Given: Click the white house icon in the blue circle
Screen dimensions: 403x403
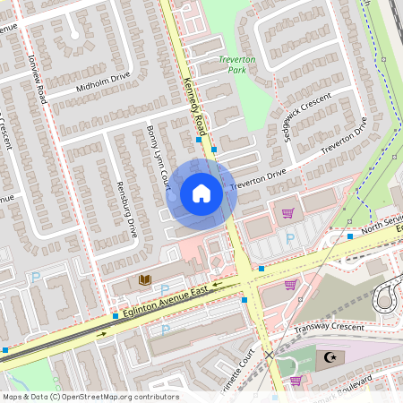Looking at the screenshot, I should coord(201,193).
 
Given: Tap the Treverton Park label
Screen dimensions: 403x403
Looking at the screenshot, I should coord(237,64).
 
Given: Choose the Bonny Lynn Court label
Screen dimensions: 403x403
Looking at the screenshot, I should coord(158,157).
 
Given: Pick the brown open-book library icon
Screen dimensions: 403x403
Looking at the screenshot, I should coord(145,280).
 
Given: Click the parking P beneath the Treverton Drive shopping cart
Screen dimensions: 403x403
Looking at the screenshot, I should coord(289,239).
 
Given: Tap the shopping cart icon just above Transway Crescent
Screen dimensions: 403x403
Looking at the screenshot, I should coord(290,285).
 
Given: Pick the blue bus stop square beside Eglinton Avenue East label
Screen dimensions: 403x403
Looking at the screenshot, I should coord(116,315).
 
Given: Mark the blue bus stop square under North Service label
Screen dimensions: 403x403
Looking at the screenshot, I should coord(350,236).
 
